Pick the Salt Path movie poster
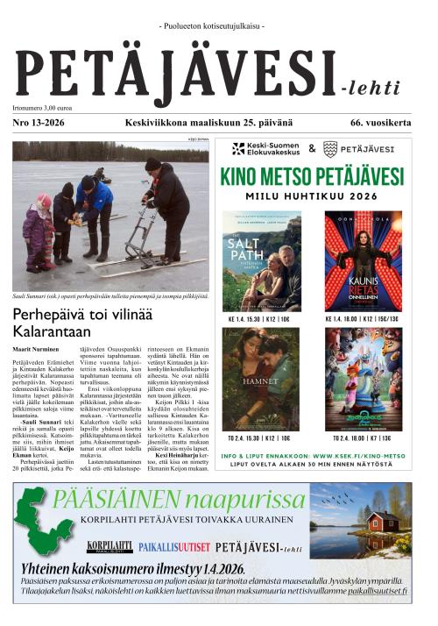pyautogui.click(x=261, y=261)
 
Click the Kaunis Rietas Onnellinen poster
pyautogui.click(x=364, y=261)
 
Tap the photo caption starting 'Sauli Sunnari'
pyautogui.click(x=109, y=296)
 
